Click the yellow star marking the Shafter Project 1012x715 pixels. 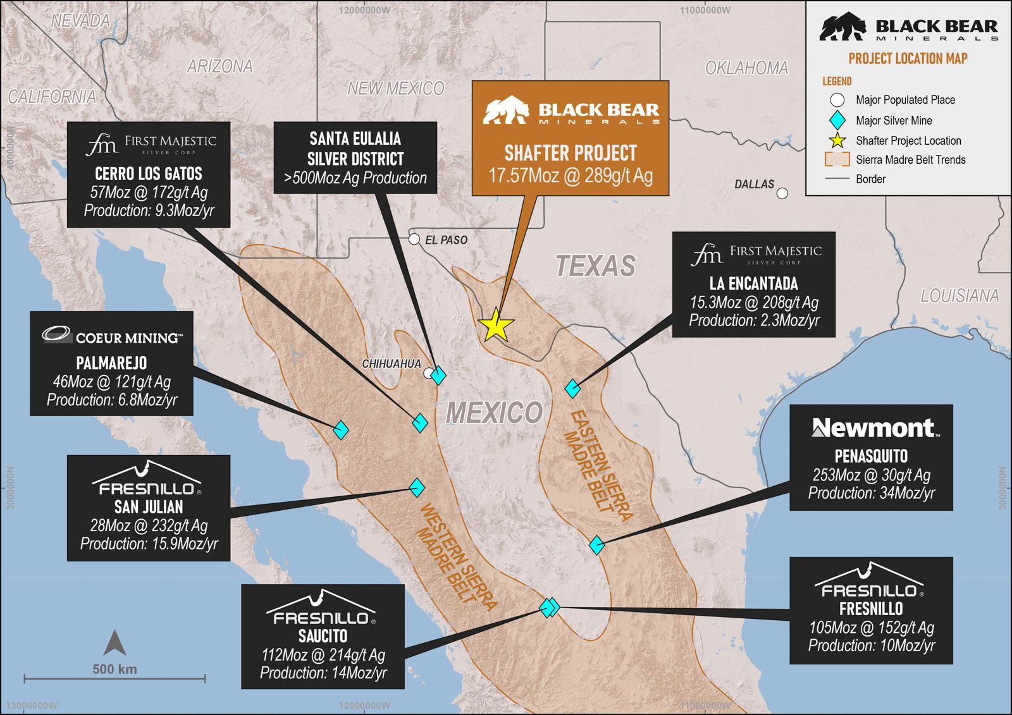(x=496, y=326)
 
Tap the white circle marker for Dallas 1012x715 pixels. (x=782, y=193)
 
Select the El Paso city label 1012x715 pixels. (x=446, y=240)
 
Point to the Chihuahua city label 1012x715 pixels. (x=391, y=364)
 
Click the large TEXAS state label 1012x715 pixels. (x=595, y=266)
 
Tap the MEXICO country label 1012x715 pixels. (x=494, y=413)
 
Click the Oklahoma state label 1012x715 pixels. (x=746, y=68)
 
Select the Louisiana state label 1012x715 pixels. (x=960, y=296)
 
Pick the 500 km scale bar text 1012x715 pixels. (x=114, y=669)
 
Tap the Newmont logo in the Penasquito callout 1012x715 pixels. (x=875, y=428)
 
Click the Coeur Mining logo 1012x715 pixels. (x=112, y=336)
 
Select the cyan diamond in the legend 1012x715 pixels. (x=837, y=120)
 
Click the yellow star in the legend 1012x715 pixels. (x=837, y=140)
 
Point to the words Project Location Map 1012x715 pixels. (x=908, y=59)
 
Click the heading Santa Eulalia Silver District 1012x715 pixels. (x=355, y=149)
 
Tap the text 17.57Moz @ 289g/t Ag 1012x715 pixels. (x=570, y=176)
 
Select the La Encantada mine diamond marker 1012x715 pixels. (x=573, y=388)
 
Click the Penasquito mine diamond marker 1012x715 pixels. (x=596, y=545)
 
